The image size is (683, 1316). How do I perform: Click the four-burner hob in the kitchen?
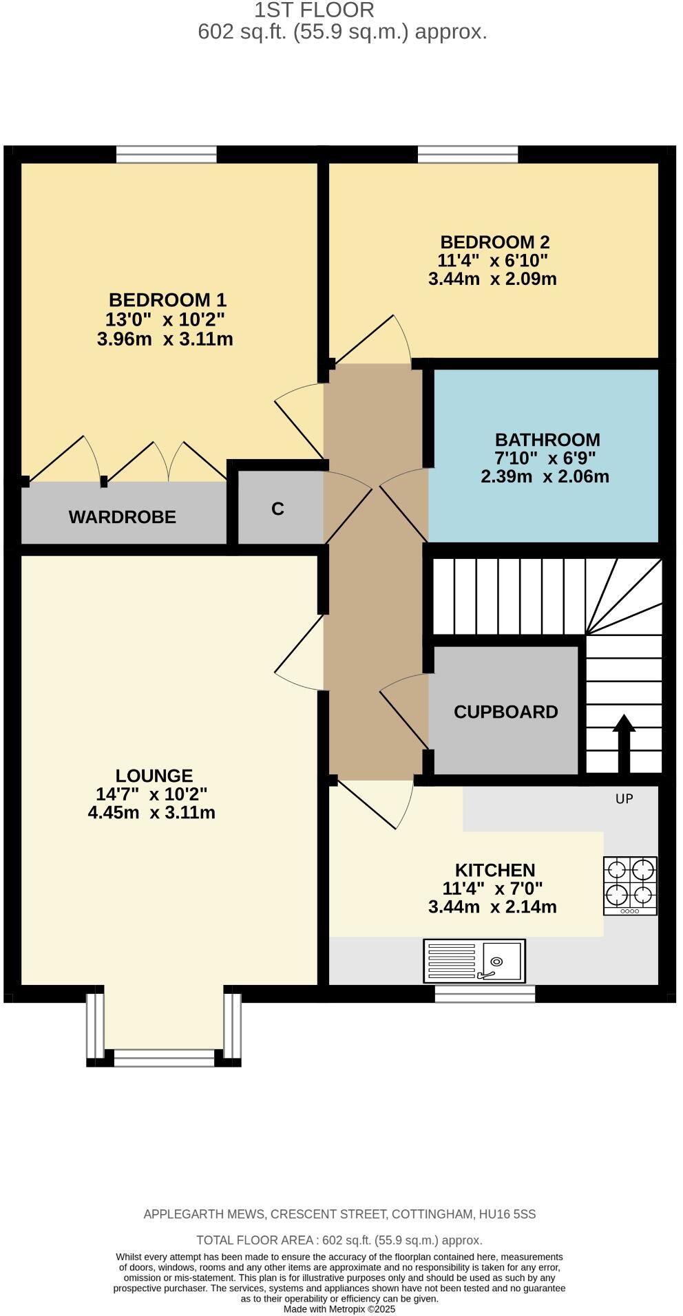(630, 885)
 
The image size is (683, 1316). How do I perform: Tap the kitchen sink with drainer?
(474, 961)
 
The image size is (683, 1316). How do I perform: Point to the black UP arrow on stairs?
(624, 743)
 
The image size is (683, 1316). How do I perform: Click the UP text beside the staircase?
(624, 798)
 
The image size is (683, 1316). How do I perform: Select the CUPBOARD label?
(505, 712)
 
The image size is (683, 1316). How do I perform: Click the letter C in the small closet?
(277, 509)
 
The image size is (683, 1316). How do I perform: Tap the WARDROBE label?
(123, 517)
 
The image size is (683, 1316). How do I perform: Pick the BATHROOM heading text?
(547, 439)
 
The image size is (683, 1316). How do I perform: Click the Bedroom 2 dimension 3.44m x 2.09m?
(492, 279)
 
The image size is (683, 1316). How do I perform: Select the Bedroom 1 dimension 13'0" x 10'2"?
(165, 319)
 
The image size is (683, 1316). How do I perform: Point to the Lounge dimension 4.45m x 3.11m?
(151, 812)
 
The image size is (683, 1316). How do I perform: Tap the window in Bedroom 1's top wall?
(166, 154)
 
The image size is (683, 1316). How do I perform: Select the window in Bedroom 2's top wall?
(467, 154)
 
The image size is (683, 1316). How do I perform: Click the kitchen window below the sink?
(485, 993)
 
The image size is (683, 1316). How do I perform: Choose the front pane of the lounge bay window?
(164, 1057)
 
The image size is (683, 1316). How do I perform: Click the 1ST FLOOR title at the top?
(314, 10)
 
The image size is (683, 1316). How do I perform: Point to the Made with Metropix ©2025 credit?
(339, 1309)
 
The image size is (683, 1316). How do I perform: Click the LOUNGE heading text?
(154, 776)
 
